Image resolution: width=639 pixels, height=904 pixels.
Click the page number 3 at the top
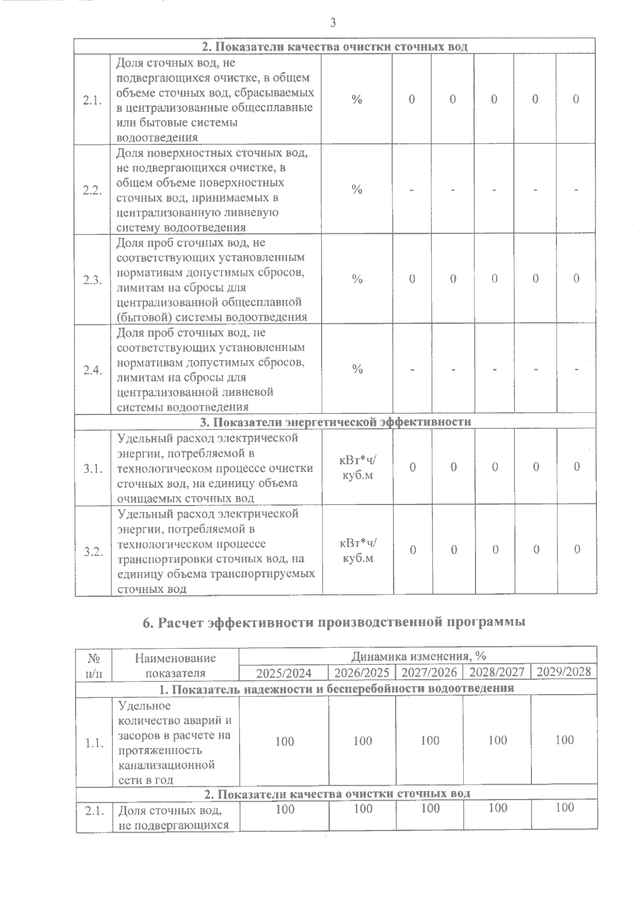[x=333, y=22]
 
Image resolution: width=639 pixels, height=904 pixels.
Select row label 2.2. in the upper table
[x=93, y=191]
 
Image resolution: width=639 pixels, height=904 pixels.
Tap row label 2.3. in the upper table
[x=93, y=280]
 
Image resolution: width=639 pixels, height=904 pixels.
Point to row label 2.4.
[x=93, y=370]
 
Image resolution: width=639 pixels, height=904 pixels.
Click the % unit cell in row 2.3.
[x=357, y=279]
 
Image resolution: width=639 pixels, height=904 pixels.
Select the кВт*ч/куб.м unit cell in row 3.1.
[x=357, y=468]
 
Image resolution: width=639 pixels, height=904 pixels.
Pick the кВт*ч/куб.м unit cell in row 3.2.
[x=357, y=550]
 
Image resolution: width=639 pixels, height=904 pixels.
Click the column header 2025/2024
[x=284, y=672]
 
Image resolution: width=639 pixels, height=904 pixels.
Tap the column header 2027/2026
[x=429, y=672]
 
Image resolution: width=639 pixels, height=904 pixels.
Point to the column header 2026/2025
[x=362, y=672]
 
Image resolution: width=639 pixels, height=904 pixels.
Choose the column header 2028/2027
[x=497, y=672]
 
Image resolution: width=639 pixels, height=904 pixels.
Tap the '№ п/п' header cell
[x=93, y=665]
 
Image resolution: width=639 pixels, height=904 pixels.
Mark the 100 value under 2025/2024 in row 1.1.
[x=285, y=741]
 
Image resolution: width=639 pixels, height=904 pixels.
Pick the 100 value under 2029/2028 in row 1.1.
[x=564, y=740]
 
